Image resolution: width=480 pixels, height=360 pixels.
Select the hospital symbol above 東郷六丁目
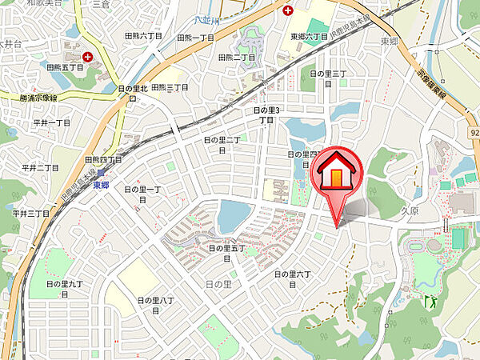click(x=287, y=10)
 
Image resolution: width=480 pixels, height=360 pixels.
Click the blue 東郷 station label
click(x=100, y=186)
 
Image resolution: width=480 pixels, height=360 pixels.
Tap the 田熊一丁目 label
click(x=194, y=38)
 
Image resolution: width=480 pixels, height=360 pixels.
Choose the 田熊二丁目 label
click(x=238, y=58)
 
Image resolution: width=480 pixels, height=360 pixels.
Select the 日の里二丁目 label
click(x=222, y=140)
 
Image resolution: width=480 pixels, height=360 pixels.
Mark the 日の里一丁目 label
click(x=143, y=189)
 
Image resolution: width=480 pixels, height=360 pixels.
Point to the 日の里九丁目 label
click(x=64, y=283)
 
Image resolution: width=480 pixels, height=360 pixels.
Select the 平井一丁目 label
click(x=52, y=122)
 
